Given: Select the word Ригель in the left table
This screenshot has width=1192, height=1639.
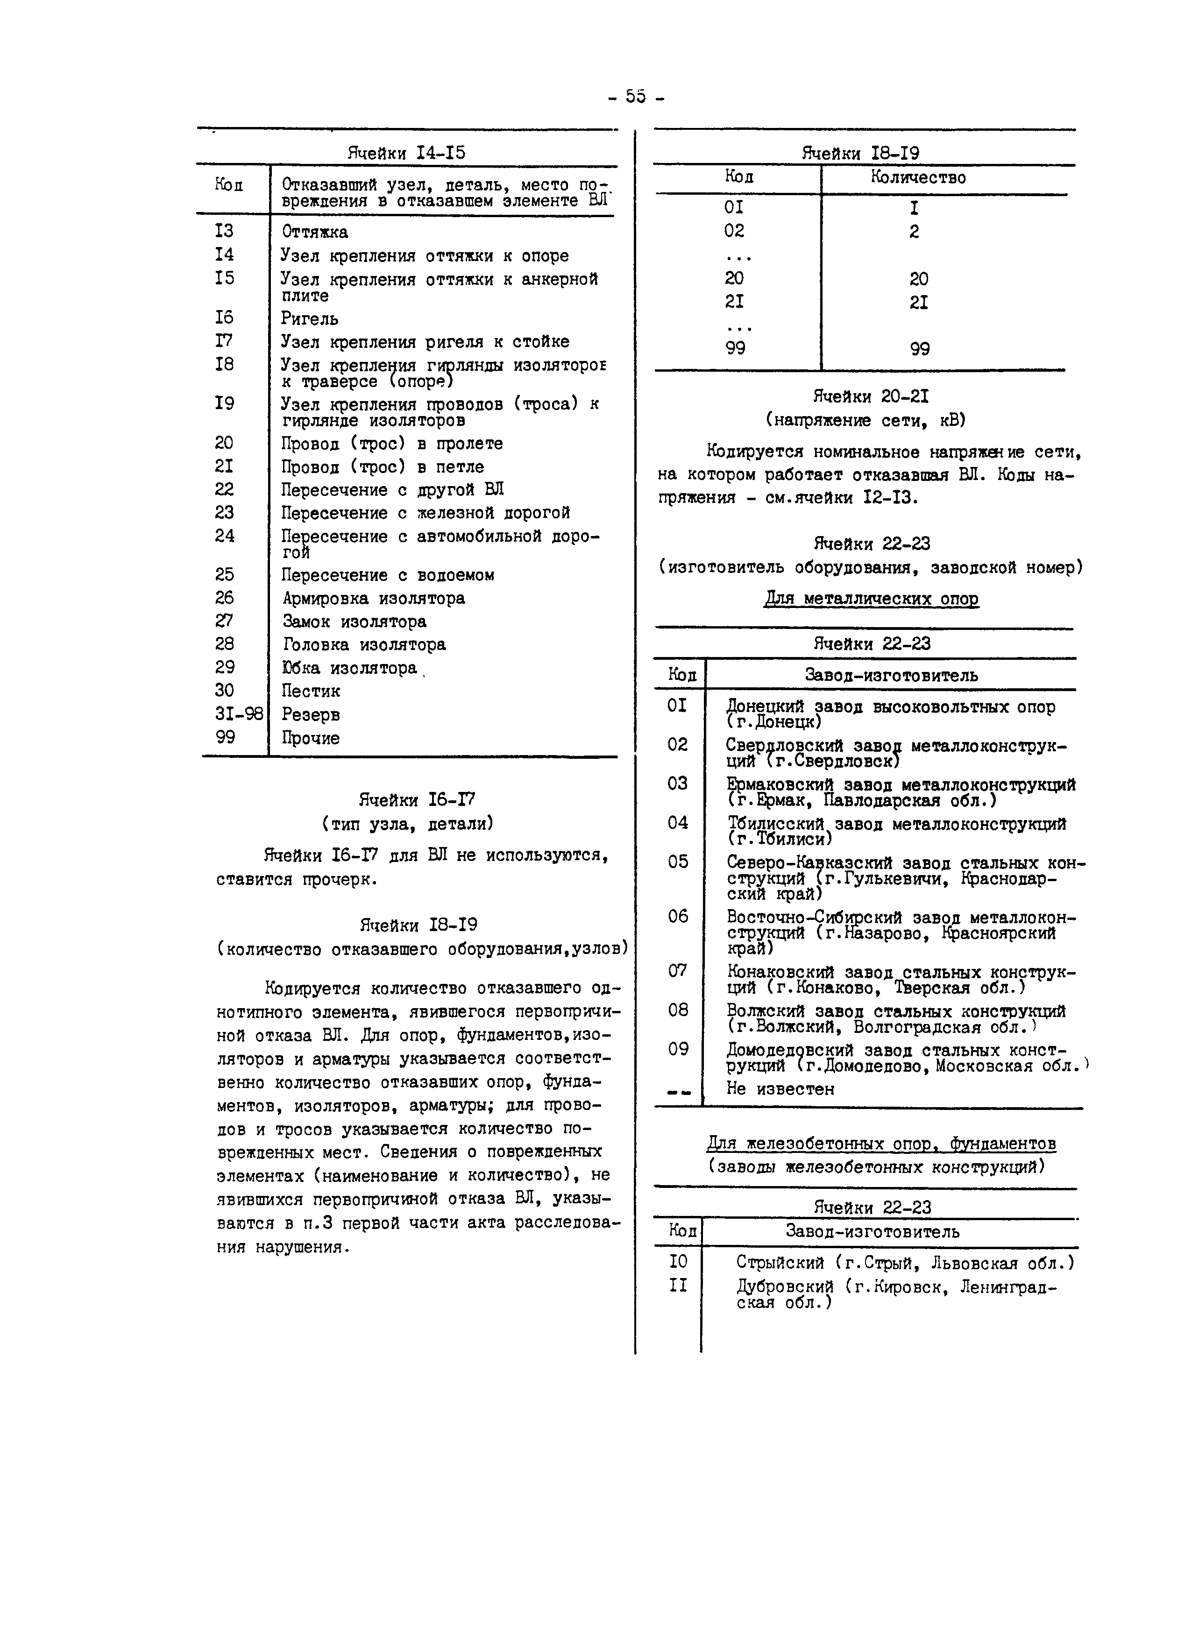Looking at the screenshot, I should [309, 318].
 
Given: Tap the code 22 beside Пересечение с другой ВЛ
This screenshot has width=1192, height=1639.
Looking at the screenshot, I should [224, 489].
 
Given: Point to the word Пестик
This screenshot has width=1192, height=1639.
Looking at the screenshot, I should [311, 691].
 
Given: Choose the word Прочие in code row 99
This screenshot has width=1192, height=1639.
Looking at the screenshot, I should [311, 738].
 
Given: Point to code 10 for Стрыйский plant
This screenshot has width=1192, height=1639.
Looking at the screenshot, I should [678, 1262].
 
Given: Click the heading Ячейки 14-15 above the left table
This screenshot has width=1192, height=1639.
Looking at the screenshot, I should [406, 153].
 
